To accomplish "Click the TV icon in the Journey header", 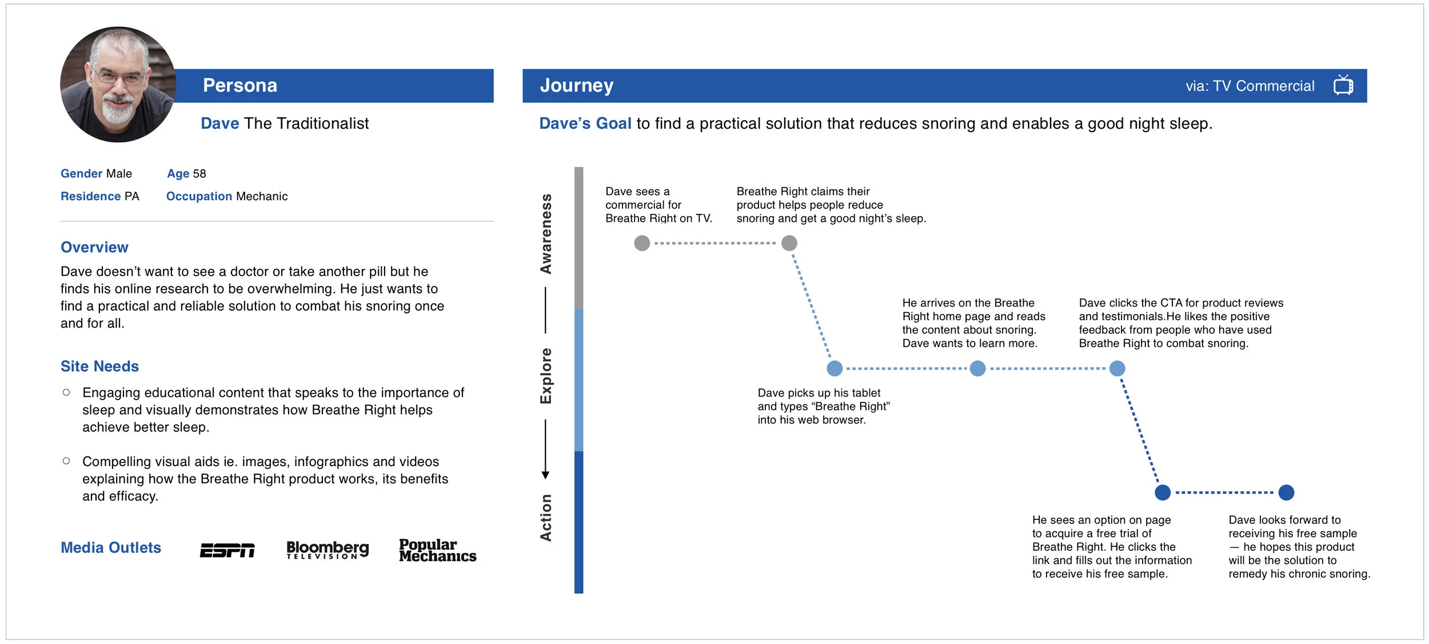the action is point(1343,85).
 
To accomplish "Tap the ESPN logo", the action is point(227,550).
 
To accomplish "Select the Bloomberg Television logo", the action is point(328,550).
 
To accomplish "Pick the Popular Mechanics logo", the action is point(437,550).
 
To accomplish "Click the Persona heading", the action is point(240,85).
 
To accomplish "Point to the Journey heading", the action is point(576,85).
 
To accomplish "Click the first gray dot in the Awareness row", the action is point(642,243).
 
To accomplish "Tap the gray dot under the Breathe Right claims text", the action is point(789,243).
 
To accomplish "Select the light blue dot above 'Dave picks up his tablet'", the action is point(835,368).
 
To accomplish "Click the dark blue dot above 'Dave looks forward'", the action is point(1286,492).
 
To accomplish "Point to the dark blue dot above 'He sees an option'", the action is point(1163,492).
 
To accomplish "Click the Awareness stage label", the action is point(546,233).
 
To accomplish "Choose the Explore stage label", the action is point(546,376).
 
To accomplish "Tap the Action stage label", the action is point(546,518).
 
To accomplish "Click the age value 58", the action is point(199,173).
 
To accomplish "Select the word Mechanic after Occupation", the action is point(262,196).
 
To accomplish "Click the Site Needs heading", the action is point(99,366).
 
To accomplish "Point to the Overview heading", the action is point(94,247).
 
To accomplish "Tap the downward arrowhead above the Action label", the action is point(545,474).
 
